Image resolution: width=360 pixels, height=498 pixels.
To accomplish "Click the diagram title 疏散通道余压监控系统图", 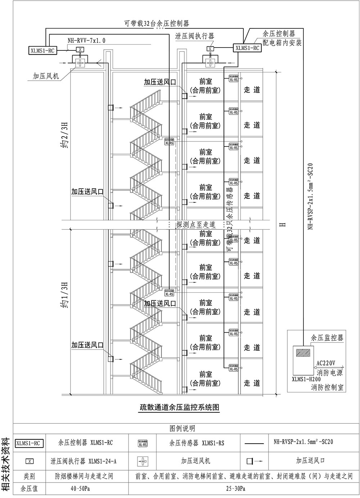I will point(179,408).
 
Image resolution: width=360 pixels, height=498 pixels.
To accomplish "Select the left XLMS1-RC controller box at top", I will point(42,50).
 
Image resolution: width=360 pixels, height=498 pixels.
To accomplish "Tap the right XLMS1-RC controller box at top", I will point(247,48).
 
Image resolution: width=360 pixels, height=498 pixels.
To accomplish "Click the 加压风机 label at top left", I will point(46,76).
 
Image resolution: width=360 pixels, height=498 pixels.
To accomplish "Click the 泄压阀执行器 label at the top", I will point(195,36).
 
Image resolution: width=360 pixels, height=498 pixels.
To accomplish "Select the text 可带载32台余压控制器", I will point(157,24).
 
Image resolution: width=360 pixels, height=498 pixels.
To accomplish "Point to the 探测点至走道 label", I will point(195,225).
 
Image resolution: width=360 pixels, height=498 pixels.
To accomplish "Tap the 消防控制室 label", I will point(327,387).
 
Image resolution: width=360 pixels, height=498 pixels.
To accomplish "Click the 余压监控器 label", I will point(327,338).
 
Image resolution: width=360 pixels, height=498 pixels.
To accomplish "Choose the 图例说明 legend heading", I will point(182,428).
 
